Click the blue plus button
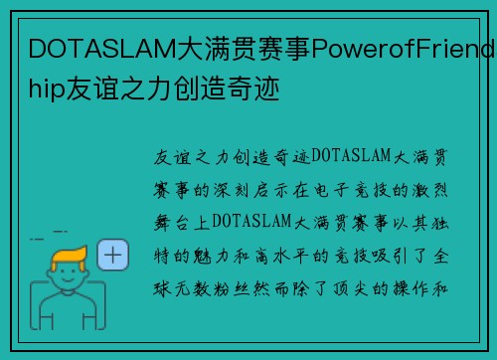114,256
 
